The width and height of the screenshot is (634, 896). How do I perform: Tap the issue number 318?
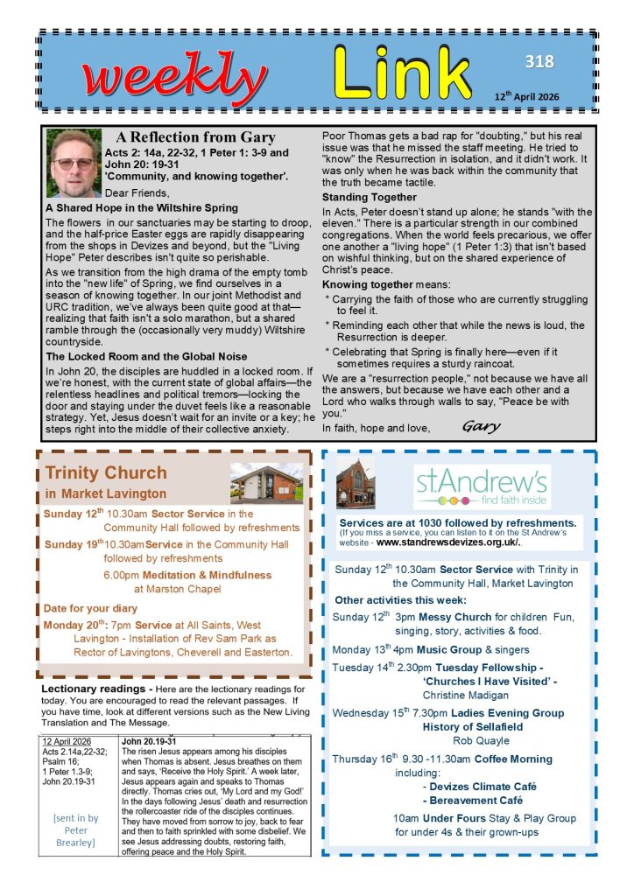coord(539,61)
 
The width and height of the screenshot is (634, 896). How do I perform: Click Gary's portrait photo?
coord(74,164)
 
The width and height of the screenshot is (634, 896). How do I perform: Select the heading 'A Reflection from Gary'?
coord(196,137)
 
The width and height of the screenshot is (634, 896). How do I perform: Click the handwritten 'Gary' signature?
coord(481,427)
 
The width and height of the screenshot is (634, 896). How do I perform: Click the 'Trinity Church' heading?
coord(99,474)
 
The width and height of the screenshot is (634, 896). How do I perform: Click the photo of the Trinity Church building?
coord(266,484)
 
